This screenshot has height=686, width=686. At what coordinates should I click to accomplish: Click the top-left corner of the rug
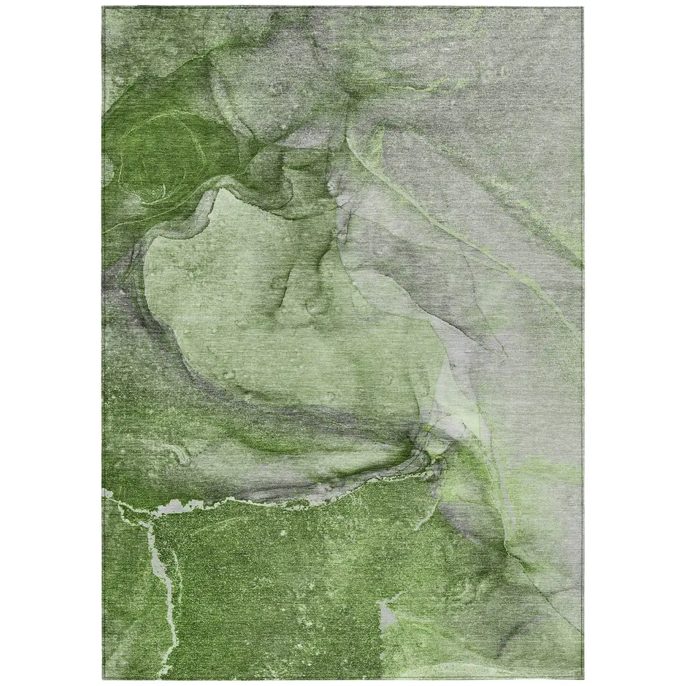(104, 8)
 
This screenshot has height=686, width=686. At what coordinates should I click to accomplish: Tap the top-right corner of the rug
(582, 8)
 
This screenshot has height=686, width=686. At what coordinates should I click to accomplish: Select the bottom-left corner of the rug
(104, 679)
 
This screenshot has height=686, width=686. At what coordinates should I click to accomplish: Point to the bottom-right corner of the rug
(582, 679)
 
